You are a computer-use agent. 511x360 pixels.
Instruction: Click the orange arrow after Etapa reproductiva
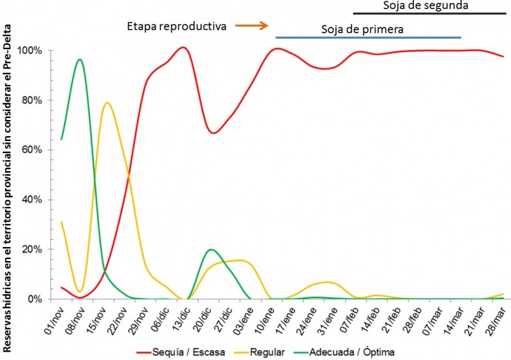pos(251,26)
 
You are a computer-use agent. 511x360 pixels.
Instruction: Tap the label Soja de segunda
pos(426,6)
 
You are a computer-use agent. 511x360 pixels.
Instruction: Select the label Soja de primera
pos(362,29)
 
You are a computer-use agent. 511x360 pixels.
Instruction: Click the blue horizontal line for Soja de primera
pos(368,38)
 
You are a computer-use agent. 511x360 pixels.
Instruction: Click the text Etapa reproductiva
pos(176,26)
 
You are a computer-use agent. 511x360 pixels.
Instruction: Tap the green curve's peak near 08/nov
pos(79,59)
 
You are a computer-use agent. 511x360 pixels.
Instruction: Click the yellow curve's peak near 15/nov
pos(107,103)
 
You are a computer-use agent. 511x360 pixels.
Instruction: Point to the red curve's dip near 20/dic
pos(214,133)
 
